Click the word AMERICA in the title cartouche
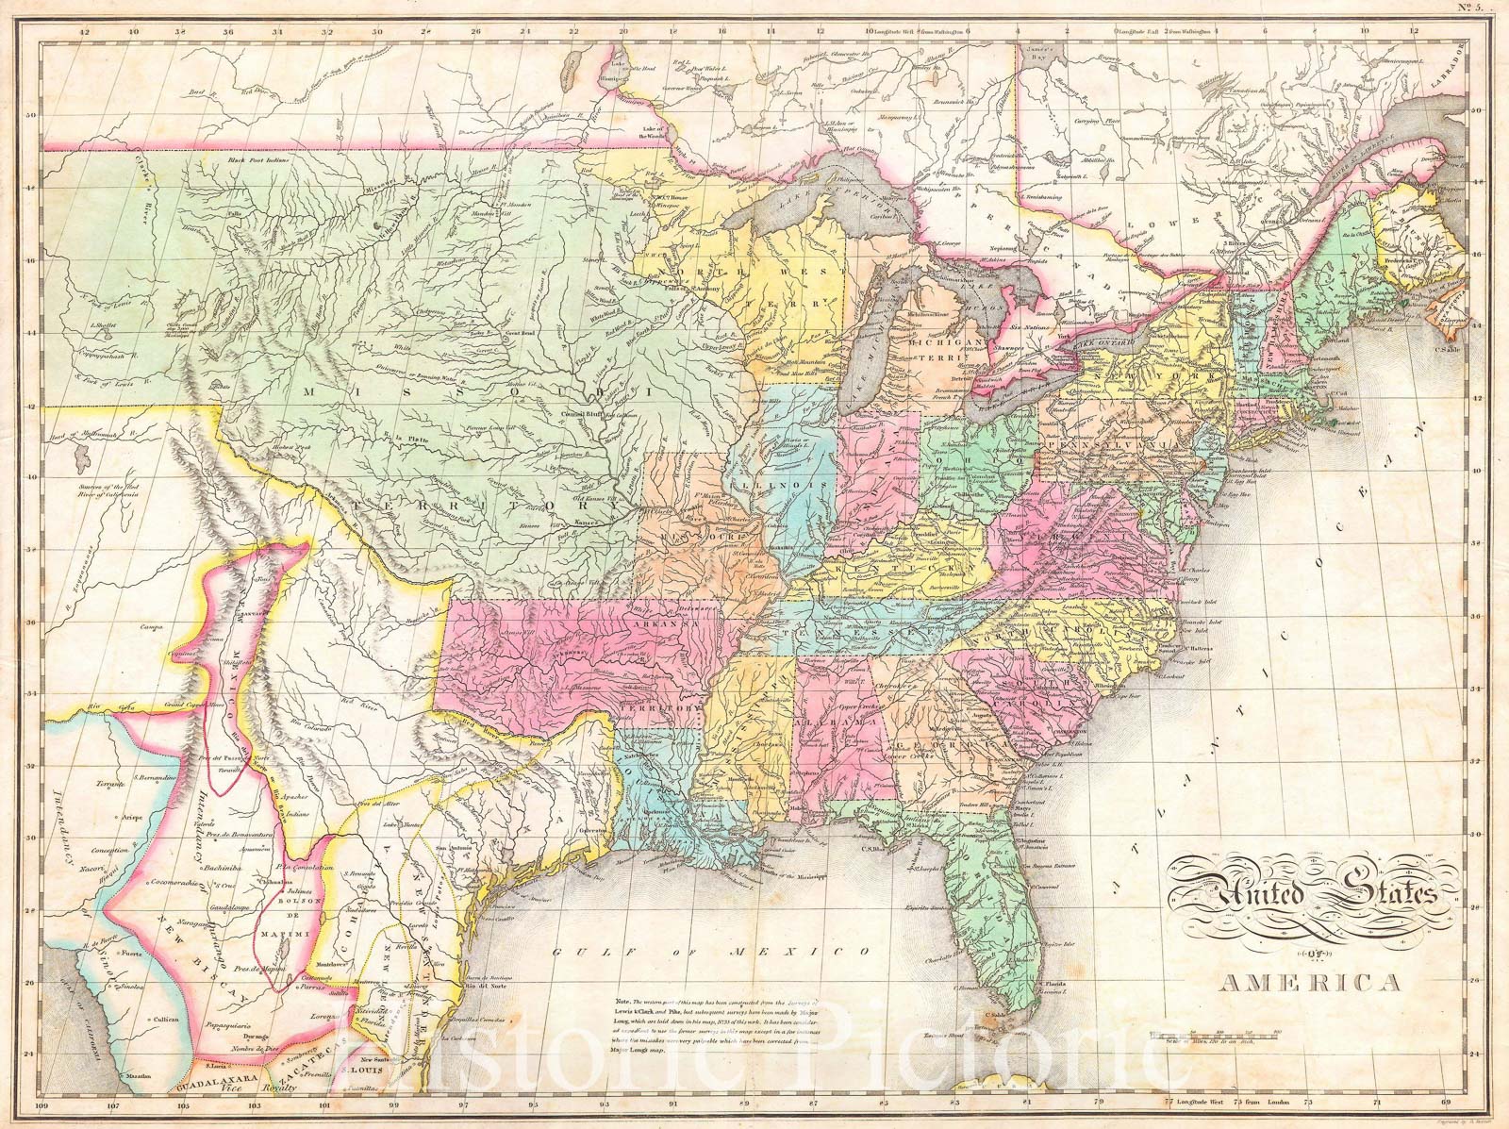click(1311, 984)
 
